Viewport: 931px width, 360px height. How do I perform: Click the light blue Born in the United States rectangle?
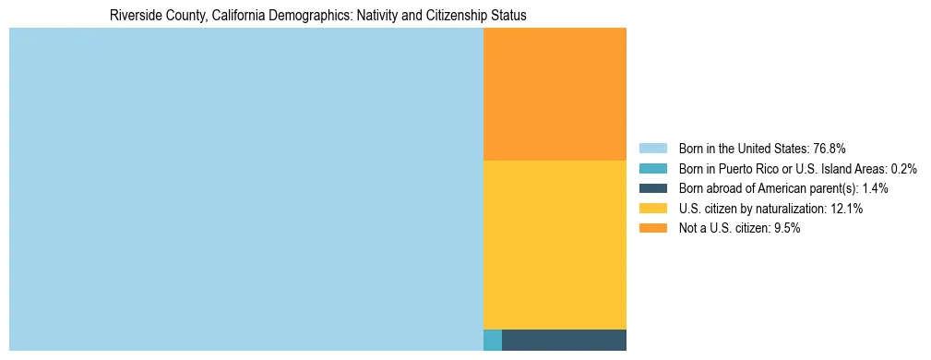click(x=245, y=189)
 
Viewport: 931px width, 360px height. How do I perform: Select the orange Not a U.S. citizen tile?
click(x=555, y=93)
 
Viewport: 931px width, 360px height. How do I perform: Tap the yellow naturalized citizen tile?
click(x=555, y=245)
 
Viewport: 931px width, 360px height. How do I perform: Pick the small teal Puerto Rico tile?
click(x=493, y=340)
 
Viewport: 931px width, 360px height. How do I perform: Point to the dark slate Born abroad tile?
click(x=564, y=340)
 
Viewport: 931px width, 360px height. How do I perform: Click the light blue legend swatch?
click(x=652, y=149)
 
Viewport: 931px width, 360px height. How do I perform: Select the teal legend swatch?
click(x=652, y=169)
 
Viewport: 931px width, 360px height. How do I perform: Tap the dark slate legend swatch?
click(x=652, y=188)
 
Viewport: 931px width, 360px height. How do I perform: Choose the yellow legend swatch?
click(x=652, y=209)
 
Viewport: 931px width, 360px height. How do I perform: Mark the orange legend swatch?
click(x=652, y=229)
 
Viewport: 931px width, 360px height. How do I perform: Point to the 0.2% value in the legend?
click(x=904, y=169)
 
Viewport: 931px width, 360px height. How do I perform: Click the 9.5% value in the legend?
click(x=785, y=229)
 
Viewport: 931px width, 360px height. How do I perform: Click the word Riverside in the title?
click(x=134, y=16)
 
